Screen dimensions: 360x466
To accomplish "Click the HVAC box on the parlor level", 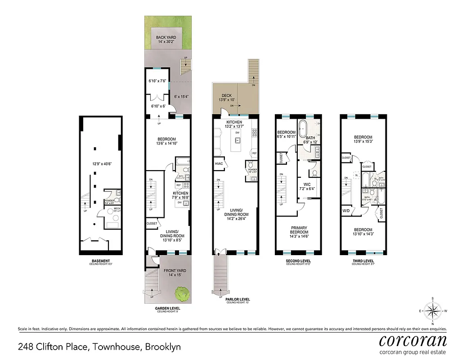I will [x=220, y=163].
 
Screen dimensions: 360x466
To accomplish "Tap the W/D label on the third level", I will [x=346, y=210].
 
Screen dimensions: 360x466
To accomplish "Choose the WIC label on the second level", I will [x=308, y=184].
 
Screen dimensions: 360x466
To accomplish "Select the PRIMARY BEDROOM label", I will [x=299, y=229].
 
